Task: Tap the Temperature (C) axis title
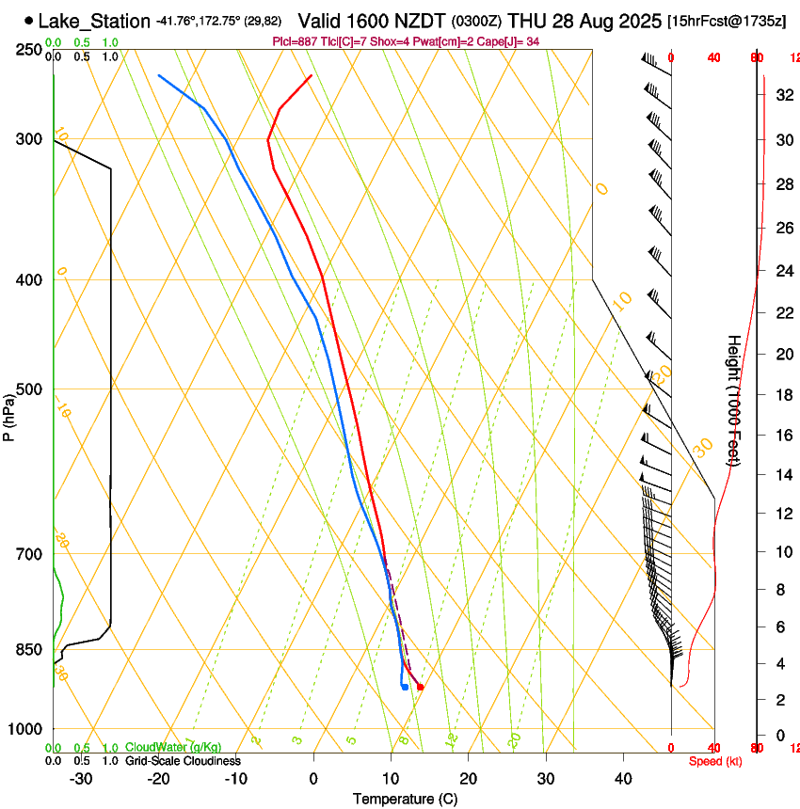pos(405,799)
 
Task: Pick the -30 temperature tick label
pos(81,779)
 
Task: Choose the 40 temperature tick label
pos(623,779)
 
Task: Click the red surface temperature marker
pos(420,687)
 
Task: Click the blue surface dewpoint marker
pos(405,687)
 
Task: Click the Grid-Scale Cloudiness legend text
pos(183,760)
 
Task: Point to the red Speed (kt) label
pos(715,761)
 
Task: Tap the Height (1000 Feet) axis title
pos(734,400)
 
